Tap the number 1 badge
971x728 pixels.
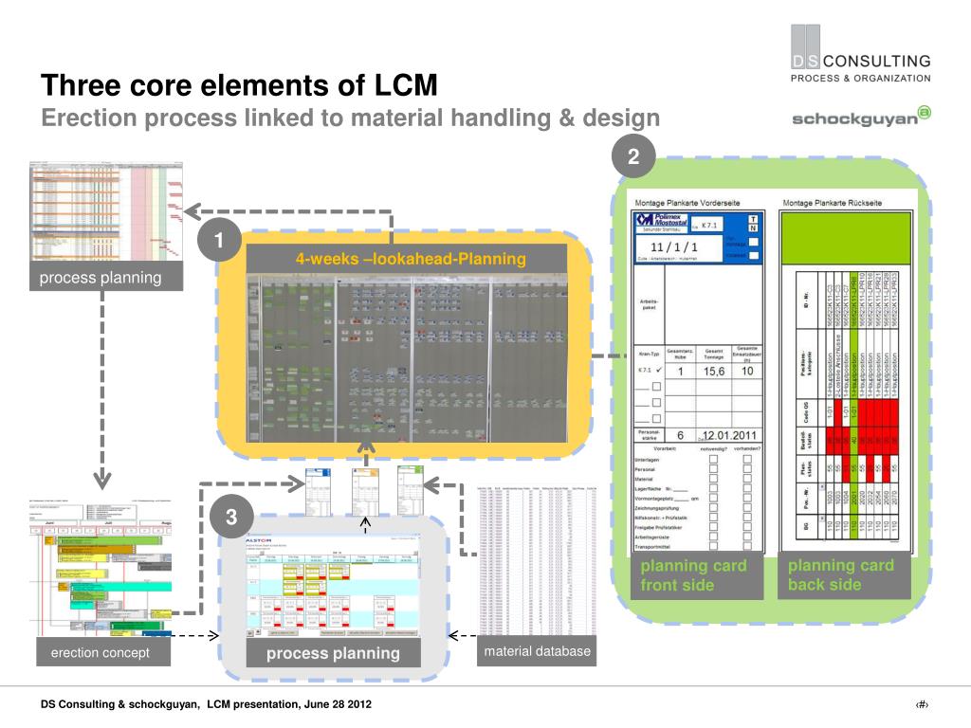pyautogui.click(x=218, y=243)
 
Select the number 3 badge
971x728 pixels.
pyautogui.click(x=231, y=518)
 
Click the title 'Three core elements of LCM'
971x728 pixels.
pyautogui.click(x=239, y=86)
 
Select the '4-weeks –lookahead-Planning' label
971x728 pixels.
pyautogui.click(x=411, y=259)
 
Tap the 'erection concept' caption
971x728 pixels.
pyautogui.click(x=100, y=652)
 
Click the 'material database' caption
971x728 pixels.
pyautogui.click(x=537, y=651)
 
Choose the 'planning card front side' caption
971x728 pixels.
pyautogui.click(x=693, y=575)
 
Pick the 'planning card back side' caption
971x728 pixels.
pyautogui.click(x=840, y=575)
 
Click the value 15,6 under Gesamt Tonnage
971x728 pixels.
pyautogui.click(x=714, y=372)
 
